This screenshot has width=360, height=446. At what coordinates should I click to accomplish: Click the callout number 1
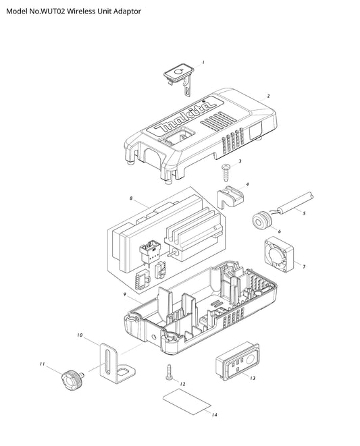point(203,62)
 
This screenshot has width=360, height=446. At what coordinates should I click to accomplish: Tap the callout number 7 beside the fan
point(304,267)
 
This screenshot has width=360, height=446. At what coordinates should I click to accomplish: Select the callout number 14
point(215,414)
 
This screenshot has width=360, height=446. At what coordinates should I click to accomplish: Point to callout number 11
point(42,364)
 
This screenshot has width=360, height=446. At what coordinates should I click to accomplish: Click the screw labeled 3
point(226,172)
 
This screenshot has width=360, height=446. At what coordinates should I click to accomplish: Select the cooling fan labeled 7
point(279,254)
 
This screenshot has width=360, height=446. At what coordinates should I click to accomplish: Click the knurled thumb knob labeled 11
point(72,380)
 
